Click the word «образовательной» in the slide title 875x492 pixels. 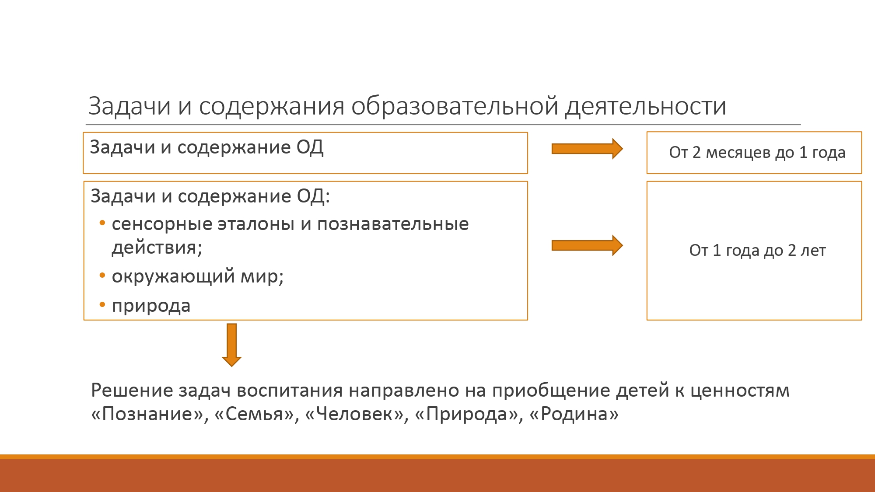coord(455,106)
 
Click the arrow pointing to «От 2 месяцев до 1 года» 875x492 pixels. coord(587,149)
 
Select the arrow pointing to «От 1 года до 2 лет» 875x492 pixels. coord(587,245)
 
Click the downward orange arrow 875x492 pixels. coord(232,345)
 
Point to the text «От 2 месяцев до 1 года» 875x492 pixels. coord(757,153)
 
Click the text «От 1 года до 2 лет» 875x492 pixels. coord(757,251)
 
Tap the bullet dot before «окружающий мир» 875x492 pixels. coord(102,276)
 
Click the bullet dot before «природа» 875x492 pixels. coord(102,304)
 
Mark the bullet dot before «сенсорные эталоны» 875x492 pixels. coord(102,223)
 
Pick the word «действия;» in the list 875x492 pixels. coord(157,248)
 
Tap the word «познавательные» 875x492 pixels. coord(393,224)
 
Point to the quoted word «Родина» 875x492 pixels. coord(574,414)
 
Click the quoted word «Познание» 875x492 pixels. coord(147,414)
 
